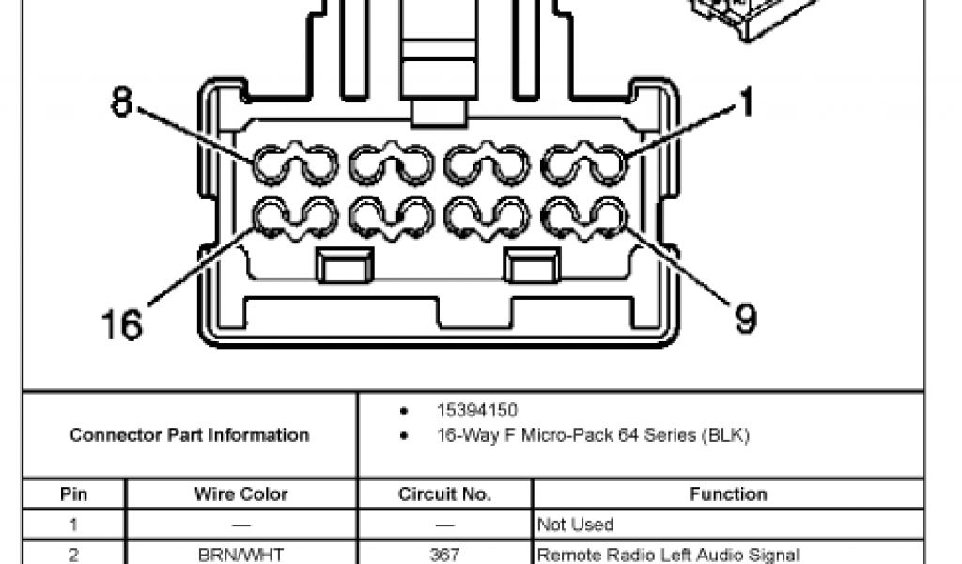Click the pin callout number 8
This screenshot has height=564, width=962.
[x=122, y=102]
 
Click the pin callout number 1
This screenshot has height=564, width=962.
[x=747, y=102]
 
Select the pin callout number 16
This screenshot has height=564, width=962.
[x=122, y=324]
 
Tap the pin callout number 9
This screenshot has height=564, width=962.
[x=744, y=321]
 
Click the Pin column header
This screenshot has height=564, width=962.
[x=73, y=494]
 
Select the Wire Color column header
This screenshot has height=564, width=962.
[x=241, y=494]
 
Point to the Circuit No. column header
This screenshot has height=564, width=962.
[x=445, y=494]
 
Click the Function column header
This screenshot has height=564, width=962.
[x=728, y=494]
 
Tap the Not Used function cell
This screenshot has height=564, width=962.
[x=575, y=525]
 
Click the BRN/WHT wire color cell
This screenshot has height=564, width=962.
[x=241, y=555]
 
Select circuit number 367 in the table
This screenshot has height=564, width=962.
[x=445, y=555]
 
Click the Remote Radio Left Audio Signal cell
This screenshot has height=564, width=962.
[x=668, y=555]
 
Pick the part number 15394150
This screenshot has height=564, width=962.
[x=476, y=411]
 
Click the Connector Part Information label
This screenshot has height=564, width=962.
[x=189, y=435]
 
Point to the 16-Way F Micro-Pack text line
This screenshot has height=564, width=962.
[x=593, y=436]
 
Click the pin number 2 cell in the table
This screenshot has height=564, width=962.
[x=73, y=555]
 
